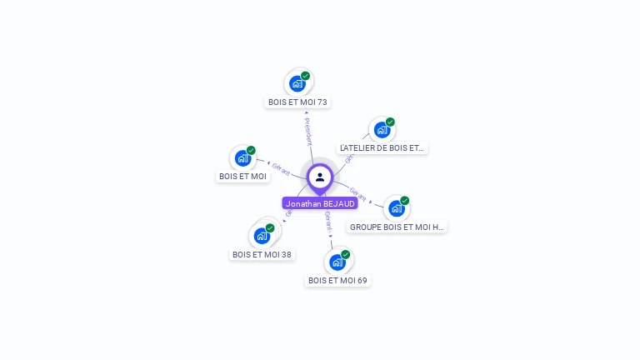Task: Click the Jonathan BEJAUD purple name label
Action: coord(320,203)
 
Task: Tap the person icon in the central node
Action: coord(320,177)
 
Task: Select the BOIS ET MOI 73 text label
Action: coord(297,102)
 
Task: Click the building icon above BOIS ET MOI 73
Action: coord(297,83)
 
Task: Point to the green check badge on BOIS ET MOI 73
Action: coord(306,76)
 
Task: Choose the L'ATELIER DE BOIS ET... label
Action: coord(382,147)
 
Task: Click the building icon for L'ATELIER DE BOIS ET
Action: coord(382,130)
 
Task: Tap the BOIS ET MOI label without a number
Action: coord(242,176)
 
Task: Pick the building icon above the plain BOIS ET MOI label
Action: coord(242,157)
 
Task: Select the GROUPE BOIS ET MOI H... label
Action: coord(397,226)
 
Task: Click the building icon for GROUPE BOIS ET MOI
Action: coord(396,208)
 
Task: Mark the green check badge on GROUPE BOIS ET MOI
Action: coord(404,201)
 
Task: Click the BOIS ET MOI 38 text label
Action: coord(262,254)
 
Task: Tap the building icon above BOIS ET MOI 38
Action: coord(262,236)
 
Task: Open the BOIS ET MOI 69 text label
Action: coord(337,280)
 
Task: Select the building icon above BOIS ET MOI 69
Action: coord(337,262)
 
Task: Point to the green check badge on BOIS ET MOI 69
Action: coord(345,254)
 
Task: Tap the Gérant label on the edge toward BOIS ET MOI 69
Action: coord(328,221)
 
